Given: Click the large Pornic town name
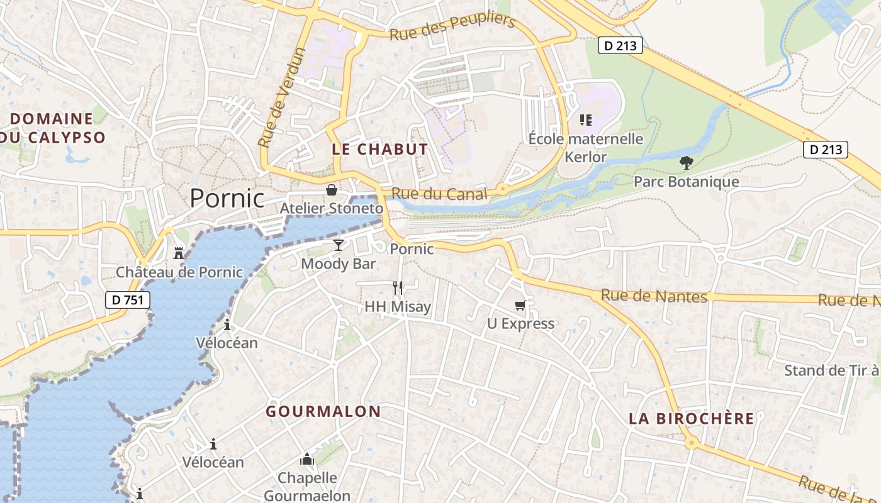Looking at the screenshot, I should tap(227, 198).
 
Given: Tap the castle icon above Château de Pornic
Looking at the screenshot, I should tap(179, 253).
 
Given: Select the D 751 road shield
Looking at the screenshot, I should tap(128, 300).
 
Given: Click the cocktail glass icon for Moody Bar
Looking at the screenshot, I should tap(339, 245).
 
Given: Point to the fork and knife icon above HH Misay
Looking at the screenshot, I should tap(398, 288).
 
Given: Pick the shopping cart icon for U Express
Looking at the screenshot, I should tap(520, 306).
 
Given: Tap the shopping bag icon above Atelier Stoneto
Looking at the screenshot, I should tap(332, 190).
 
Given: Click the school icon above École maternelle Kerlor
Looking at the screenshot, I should tap(586, 119).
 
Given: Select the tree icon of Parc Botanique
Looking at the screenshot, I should tap(686, 163).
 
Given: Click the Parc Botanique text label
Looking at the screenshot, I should tap(686, 182).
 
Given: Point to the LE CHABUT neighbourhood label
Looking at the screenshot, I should tap(379, 150).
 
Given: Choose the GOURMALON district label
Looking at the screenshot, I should tap(323, 412).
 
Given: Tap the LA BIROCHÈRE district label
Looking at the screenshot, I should tap(691, 419).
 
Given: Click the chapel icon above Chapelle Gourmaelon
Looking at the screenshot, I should tap(307, 460).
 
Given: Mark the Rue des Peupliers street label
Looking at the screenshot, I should tap(452, 26).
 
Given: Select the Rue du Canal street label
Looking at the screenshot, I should tap(439, 194).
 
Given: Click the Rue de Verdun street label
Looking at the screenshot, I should tap(282, 97).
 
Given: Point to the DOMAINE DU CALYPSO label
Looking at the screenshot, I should tap(52, 128).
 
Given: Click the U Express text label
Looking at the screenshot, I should tap(520, 324).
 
